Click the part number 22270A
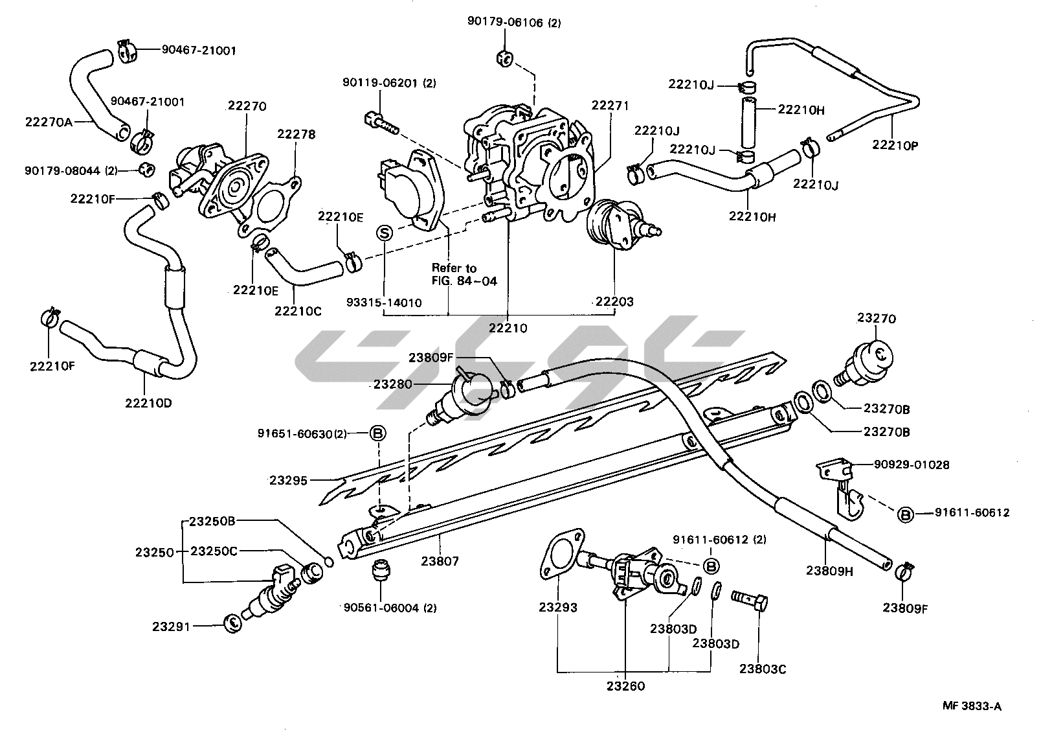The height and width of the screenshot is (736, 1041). (49, 121)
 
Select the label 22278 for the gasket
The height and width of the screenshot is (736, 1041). (296, 135)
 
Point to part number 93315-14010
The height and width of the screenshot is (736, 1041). (384, 302)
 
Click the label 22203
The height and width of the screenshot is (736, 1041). (614, 301)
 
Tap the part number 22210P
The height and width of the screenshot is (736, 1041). (895, 145)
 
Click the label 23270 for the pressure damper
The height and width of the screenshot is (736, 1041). (877, 319)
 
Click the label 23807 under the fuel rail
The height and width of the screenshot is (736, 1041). (440, 561)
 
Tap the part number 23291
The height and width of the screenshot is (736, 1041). (172, 626)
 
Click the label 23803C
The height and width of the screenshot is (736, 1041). (763, 669)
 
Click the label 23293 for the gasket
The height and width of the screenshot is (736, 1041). (557, 608)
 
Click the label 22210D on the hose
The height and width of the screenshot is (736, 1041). (148, 402)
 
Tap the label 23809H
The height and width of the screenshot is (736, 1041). (830, 570)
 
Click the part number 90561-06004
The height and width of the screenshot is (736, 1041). (390, 608)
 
